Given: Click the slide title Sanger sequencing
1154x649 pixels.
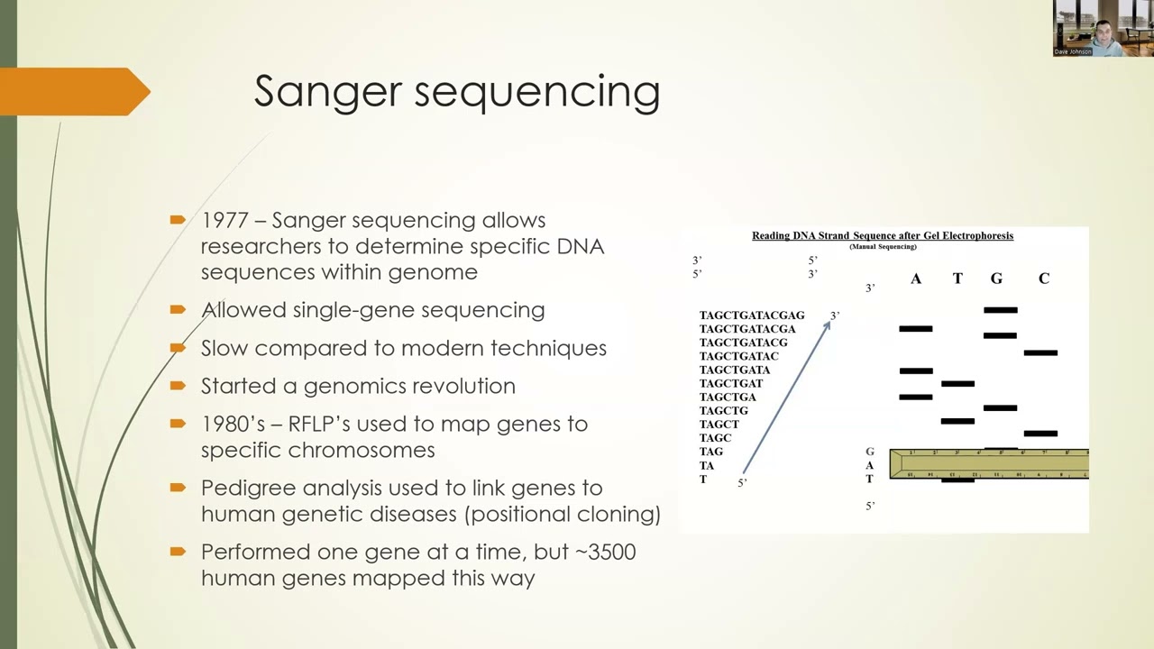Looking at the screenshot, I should click(x=456, y=92).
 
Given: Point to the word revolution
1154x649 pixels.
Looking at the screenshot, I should click(x=463, y=386).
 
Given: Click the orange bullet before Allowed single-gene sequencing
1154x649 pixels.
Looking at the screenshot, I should click(x=178, y=309).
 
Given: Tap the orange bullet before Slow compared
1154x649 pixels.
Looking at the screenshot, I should click(x=178, y=347).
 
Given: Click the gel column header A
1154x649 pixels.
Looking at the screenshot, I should click(x=915, y=279).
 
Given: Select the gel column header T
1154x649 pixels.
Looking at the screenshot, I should click(x=957, y=279).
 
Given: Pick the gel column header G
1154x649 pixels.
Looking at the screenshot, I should click(x=996, y=279).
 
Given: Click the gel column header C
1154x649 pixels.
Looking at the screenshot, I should click(x=1043, y=279).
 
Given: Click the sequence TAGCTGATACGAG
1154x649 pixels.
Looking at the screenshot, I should click(x=752, y=315).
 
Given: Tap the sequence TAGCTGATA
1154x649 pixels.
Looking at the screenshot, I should click(x=735, y=370).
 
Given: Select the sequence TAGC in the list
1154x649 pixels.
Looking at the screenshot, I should click(x=716, y=437).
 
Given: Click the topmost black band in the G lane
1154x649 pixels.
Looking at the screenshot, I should click(x=1001, y=310).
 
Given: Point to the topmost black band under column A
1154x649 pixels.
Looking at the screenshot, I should click(x=916, y=329).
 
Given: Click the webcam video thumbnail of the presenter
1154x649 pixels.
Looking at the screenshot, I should click(x=1103, y=29).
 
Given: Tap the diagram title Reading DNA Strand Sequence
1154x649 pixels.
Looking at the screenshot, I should click(x=883, y=236).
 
